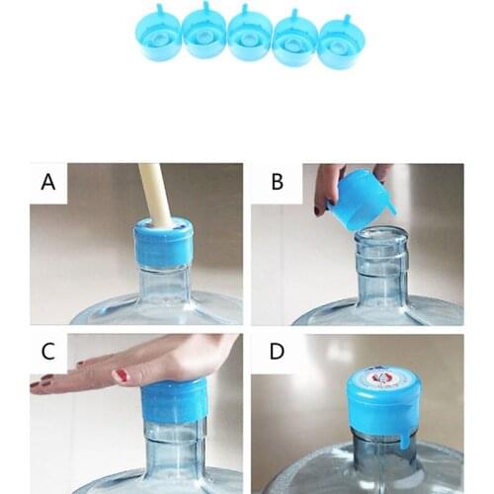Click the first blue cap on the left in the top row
tap(158, 37)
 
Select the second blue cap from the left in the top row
tap(205, 36)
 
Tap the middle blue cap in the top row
tap(250, 37)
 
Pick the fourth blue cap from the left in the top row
tap(295, 39)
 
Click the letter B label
tap(278, 183)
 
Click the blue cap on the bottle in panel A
tap(163, 244)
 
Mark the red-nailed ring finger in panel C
tap(120, 375)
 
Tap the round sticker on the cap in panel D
tap(381, 377)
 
